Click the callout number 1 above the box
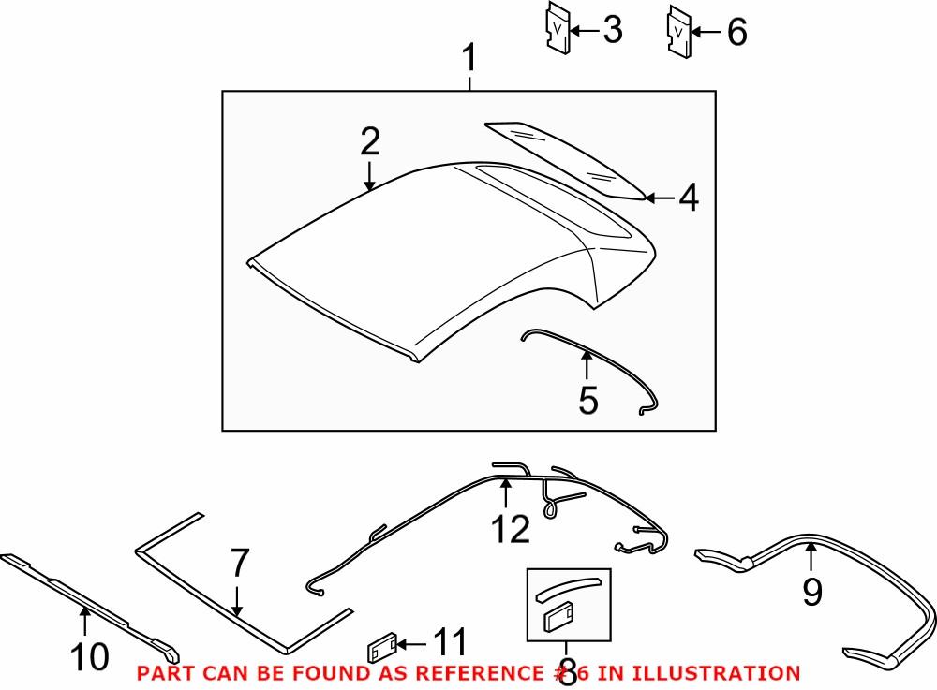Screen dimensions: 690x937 click(x=469, y=62)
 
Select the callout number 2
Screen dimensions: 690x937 click(x=370, y=141)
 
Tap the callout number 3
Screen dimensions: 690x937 click(x=611, y=31)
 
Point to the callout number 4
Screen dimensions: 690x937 click(x=689, y=198)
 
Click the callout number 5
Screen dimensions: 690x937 click(x=587, y=400)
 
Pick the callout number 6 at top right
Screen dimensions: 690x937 click(x=736, y=33)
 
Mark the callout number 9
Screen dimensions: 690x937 click(x=811, y=591)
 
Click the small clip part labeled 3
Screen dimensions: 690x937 click(x=558, y=29)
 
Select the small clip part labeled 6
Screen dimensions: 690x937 click(x=678, y=31)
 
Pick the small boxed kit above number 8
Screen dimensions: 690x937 click(x=568, y=603)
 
